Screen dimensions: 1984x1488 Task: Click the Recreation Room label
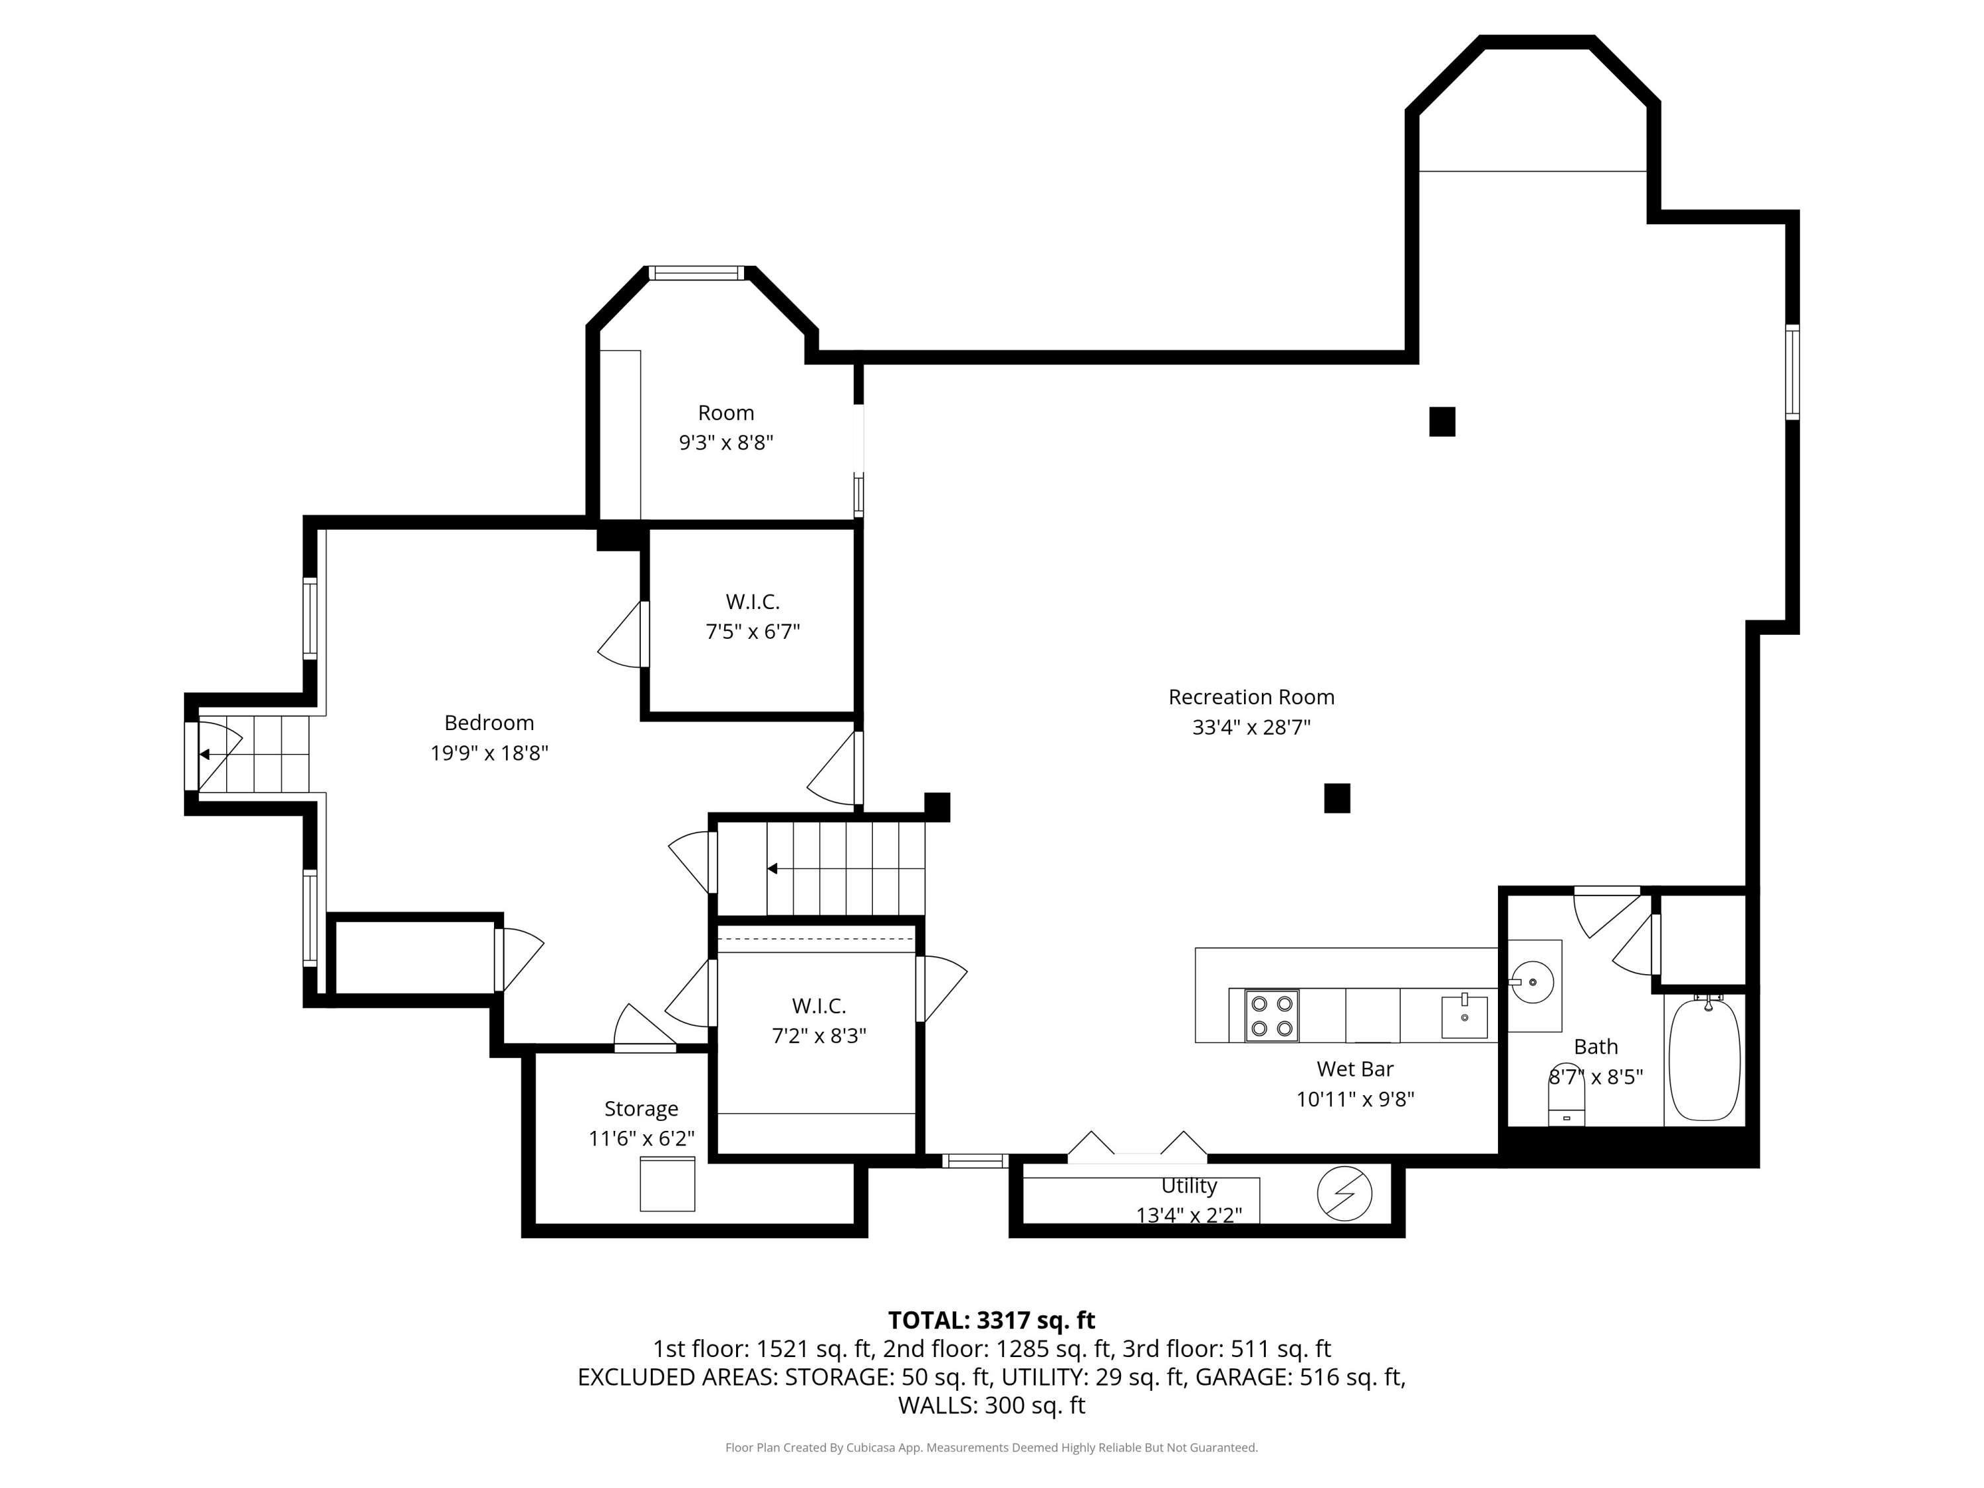[1251, 697]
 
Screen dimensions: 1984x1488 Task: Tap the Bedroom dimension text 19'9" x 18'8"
[489, 753]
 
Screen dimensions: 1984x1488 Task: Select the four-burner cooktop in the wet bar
[1272, 1015]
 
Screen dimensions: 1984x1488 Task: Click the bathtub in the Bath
[1704, 1059]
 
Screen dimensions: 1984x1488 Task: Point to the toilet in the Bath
[1567, 1095]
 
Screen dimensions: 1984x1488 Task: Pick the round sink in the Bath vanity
[1533, 982]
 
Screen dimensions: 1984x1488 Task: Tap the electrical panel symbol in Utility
[1344, 1193]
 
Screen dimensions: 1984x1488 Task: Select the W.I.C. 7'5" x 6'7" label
[753, 616]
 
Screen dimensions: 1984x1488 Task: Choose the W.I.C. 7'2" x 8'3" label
[819, 1020]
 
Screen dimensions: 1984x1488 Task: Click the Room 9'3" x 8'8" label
[725, 427]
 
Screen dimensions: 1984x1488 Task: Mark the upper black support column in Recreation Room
[1442, 421]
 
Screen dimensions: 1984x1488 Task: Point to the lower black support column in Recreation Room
[1337, 798]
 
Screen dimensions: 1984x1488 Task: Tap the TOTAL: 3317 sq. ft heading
[991, 1320]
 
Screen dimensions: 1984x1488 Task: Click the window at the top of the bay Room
[697, 272]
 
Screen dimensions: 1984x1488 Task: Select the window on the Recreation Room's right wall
[1792, 372]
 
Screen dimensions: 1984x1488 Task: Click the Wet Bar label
[1355, 1069]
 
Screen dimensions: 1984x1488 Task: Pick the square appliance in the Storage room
[667, 1184]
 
